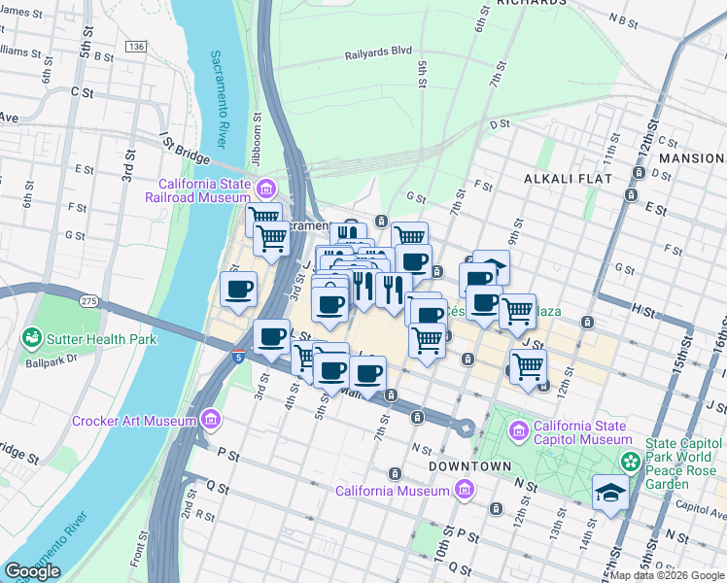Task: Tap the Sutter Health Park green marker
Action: click(31, 338)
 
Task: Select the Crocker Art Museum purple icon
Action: click(210, 421)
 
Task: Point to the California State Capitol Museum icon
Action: click(518, 429)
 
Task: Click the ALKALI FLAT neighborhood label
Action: click(568, 179)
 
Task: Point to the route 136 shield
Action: click(136, 47)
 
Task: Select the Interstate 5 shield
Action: click(238, 357)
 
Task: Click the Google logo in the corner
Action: click(32, 571)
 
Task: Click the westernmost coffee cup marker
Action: click(239, 288)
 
